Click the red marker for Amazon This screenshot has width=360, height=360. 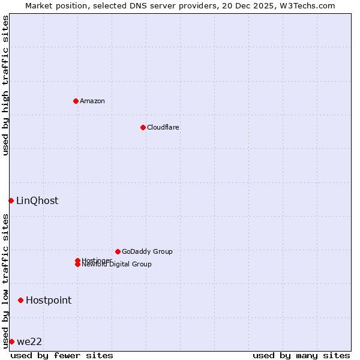pos(76,101)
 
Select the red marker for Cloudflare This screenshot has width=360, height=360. pos(143,127)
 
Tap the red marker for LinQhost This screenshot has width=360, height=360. pos(11,200)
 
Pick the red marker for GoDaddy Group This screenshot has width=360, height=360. pos(118,251)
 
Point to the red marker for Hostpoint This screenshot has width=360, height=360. pos(20,300)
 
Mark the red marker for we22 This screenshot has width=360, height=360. pos(11,341)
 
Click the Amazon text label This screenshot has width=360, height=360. pos(92,101)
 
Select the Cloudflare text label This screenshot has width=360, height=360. pos(163,127)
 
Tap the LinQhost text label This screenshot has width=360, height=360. pos(37,200)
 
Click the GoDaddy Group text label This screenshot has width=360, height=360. pos(147,251)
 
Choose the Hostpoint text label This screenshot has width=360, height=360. pos(49,300)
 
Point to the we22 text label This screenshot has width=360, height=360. pos(29,341)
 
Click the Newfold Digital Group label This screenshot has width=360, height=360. pos(117,265)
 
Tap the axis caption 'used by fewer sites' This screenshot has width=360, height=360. pos(62,355)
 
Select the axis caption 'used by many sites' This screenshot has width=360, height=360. pos(301,355)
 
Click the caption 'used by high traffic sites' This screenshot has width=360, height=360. pos(5,85)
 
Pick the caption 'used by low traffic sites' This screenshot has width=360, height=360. pos(5,281)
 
